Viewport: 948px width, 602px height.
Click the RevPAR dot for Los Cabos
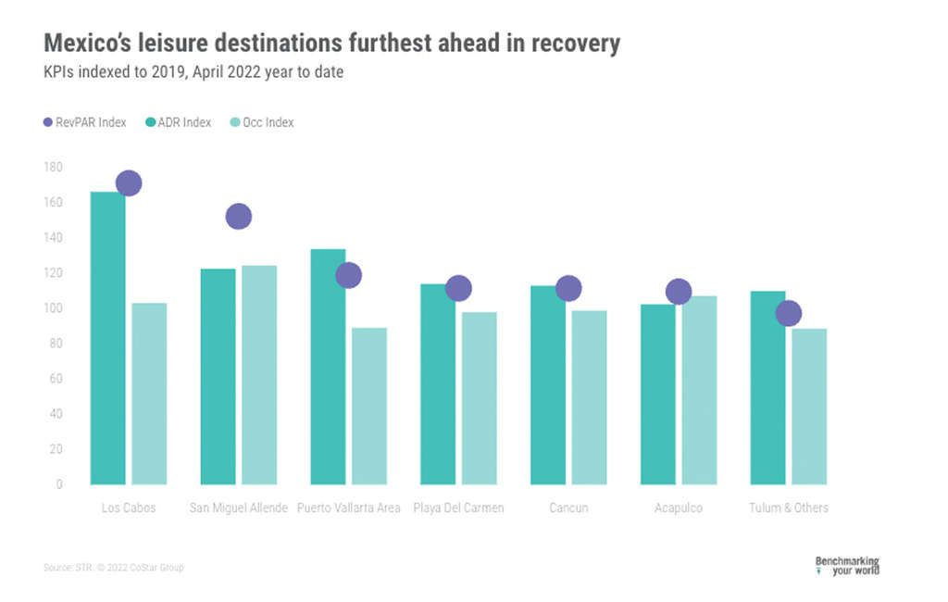tap(129, 183)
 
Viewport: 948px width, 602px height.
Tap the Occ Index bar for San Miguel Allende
tap(259, 375)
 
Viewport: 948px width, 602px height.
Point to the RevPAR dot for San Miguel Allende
tap(239, 216)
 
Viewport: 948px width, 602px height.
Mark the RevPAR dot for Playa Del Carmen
tap(458, 289)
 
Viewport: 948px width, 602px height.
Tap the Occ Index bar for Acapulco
tap(700, 390)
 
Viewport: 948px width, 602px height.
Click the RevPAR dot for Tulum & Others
tap(788, 313)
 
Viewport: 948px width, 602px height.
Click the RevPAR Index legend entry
tap(84, 122)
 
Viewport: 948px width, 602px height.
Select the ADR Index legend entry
tap(178, 122)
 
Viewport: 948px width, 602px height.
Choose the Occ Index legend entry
tap(261, 122)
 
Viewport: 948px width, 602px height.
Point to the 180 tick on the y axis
tap(53, 167)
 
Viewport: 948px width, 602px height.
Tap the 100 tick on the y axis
tap(53, 307)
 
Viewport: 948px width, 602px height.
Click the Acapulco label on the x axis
tap(679, 508)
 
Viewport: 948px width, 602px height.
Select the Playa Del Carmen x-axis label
tap(458, 508)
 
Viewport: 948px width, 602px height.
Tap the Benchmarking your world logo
tap(846, 565)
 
